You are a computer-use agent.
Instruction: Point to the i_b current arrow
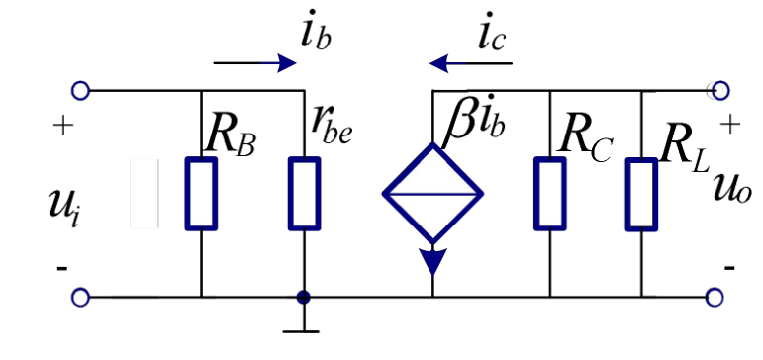pyautogui.click(x=255, y=63)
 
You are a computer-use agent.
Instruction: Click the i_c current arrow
pyautogui.click(x=470, y=63)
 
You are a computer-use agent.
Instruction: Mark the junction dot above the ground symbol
pyautogui.click(x=304, y=298)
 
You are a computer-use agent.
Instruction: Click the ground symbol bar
pyautogui.click(x=301, y=331)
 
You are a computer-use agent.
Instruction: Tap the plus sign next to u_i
pyautogui.click(x=63, y=126)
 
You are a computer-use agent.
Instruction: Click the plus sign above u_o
pyautogui.click(x=730, y=125)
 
